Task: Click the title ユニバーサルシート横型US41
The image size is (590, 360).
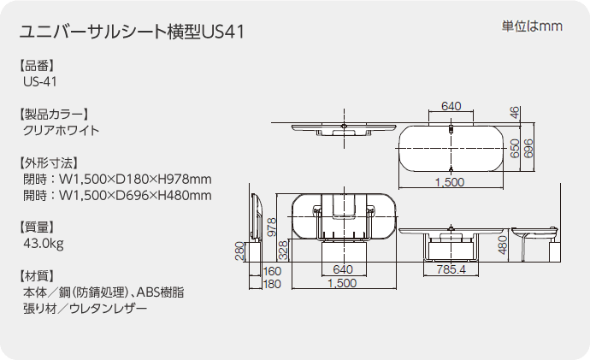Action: pyautogui.click(x=132, y=32)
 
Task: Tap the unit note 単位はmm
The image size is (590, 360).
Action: pyautogui.click(x=532, y=27)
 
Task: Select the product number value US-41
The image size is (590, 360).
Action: pyautogui.click(x=40, y=81)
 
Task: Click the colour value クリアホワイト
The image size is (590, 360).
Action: pyautogui.click(x=62, y=131)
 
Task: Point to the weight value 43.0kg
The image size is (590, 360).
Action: pyautogui.click(x=44, y=244)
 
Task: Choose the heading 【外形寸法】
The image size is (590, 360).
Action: pyautogui.click(x=49, y=162)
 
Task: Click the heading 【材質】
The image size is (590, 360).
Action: pyautogui.click(x=37, y=275)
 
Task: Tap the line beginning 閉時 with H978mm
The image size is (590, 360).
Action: pyautogui.click(x=117, y=179)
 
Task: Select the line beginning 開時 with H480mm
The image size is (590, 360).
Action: pyautogui.click(x=117, y=196)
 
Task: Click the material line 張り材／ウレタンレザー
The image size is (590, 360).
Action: pyautogui.click(x=85, y=309)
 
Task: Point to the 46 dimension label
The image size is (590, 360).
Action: pyautogui.click(x=515, y=113)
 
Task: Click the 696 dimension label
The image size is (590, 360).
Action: pyautogui.click(x=528, y=148)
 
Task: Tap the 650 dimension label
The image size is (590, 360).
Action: pyautogui.click(x=515, y=148)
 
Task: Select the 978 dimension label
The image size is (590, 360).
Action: pyautogui.click(x=271, y=227)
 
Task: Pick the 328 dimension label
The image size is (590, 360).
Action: pyautogui.click(x=283, y=251)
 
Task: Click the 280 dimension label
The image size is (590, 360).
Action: pyautogui.click(x=239, y=251)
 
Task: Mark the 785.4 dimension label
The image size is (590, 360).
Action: pyautogui.click(x=451, y=269)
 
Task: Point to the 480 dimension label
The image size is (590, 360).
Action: pyautogui.click(x=502, y=245)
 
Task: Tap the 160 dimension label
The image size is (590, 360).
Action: pyautogui.click(x=272, y=271)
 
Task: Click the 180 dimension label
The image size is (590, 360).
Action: pyautogui.click(x=272, y=284)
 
